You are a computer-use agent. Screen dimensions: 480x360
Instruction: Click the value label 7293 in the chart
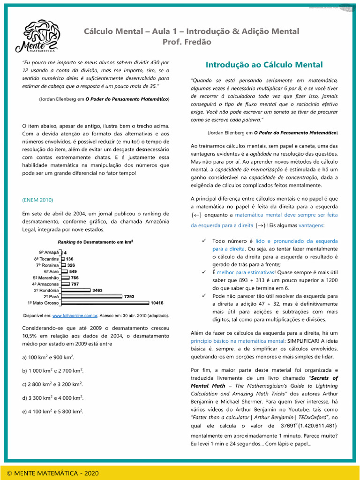pyautogui.click(x=129, y=297)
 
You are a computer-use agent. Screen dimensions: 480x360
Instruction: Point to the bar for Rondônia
pyautogui.click(x=76, y=290)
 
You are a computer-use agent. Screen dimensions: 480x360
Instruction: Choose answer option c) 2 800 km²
pyautogui.click(x=52, y=384)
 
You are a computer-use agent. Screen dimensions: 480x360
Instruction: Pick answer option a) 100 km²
pyautogui.click(x=48, y=357)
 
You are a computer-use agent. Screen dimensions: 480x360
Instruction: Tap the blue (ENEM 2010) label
pyautogui.click(x=37, y=200)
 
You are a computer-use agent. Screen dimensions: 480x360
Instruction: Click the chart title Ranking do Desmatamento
pyautogui.click(x=95, y=242)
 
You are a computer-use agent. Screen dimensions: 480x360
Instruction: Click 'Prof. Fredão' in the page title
pyautogui.click(x=187, y=42)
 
